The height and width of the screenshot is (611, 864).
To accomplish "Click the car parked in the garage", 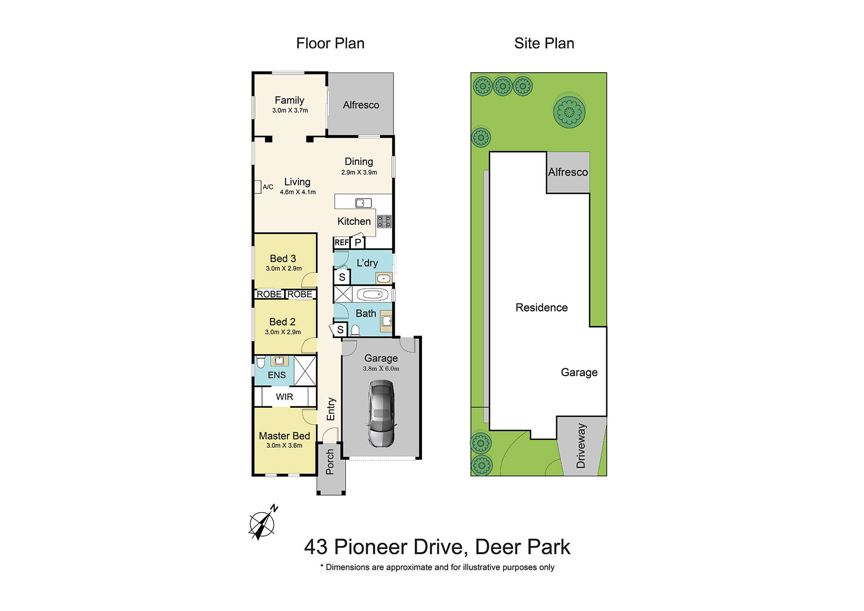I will click(381, 413).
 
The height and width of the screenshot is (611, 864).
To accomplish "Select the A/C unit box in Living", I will click(257, 187).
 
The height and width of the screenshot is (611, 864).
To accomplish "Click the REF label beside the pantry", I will click(341, 242).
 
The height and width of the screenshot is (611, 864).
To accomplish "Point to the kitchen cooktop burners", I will click(384, 221).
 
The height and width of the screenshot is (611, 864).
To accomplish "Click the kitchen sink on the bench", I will click(363, 203).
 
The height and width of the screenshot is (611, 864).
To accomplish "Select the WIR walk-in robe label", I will click(284, 397).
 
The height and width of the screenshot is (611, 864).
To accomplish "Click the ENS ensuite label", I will click(277, 375).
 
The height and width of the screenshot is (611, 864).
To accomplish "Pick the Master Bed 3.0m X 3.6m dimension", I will click(284, 446).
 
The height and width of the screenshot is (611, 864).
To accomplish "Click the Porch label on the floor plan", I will click(330, 462).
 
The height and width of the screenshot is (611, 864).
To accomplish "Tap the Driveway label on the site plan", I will click(581, 446).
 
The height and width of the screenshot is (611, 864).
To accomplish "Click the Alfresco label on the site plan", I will click(568, 172).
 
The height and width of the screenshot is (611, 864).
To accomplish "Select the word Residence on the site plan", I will click(541, 308).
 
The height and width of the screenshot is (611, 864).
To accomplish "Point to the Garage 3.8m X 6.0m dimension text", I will click(381, 369).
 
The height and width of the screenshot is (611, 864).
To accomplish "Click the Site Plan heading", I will click(544, 43).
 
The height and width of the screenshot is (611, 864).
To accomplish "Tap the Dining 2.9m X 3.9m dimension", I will click(359, 172).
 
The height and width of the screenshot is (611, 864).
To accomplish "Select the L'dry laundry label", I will click(367, 263).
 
